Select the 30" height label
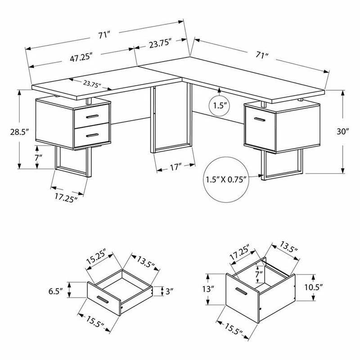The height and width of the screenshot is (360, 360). pyautogui.click(x=343, y=131)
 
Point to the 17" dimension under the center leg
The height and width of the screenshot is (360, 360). pyautogui.click(x=175, y=167)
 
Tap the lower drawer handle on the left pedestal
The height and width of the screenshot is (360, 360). pyautogui.click(x=93, y=134)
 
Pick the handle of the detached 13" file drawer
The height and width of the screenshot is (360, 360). pyautogui.click(x=242, y=293)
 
